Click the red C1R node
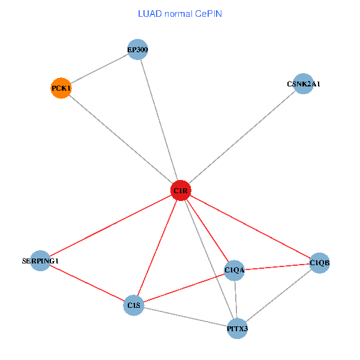pyautogui.click(x=181, y=191)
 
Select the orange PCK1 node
pyautogui.click(x=61, y=88)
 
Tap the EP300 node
pyautogui.click(x=137, y=49)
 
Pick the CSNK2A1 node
pyautogui.click(x=304, y=83)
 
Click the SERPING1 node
pyautogui.click(x=40, y=261)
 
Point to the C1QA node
pyautogui.click(x=235, y=270)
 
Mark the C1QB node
pyautogui.click(x=319, y=262)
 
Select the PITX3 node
pyautogui.click(x=238, y=329)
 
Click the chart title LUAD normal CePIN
pyautogui.click(x=180, y=14)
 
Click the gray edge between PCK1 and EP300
pyautogui.click(x=99, y=69)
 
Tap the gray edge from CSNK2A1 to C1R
pyautogui.click(x=242, y=137)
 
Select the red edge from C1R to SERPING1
pyautogui.click(x=110, y=226)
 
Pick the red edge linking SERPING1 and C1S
pyautogui.click(x=87, y=283)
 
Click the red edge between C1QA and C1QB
pyautogui.click(x=277, y=266)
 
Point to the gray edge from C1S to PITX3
pyautogui.click(x=185, y=317)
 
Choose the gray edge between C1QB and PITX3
pyautogui.click(x=278, y=296)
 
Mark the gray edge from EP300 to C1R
pyautogui.click(x=159, y=120)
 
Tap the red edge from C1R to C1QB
pyautogui.click(x=250, y=227)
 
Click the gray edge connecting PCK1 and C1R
pyautogui.click(x=121, y=139)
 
